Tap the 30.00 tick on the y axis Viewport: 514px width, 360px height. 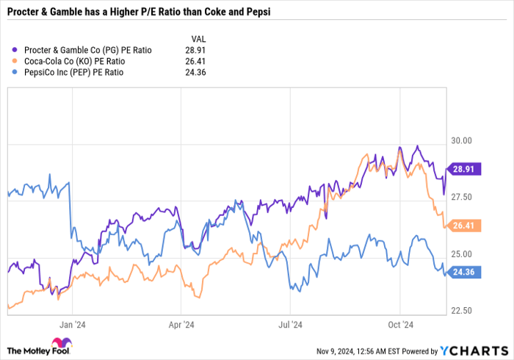[x=461, y=140]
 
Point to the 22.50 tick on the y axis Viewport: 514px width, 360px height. [x=461, y=311]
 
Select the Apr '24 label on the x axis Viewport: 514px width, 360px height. [x=181, y=323]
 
